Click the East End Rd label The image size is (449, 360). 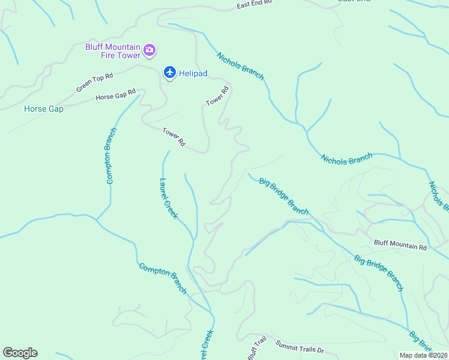(x=255, y=4)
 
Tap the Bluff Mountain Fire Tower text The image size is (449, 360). (x=112, y=52)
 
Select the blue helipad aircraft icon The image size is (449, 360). (x=170, y=73)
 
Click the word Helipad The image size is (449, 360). (x=193, y=73)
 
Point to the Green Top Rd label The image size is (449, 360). (x=94, y=83)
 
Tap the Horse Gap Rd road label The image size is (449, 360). (x=116, y=95)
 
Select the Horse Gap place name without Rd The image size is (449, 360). (x=43, y=109)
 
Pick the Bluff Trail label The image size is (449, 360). (x=256, y=347)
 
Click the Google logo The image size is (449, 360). (x=20, y=353)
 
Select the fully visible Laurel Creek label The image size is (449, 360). (x=168, y=199)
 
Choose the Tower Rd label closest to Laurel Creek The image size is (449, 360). (x=173, y=137)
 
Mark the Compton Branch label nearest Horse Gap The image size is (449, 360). (x=110, y=155)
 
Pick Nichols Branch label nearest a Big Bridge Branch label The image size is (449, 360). (x=346, y=159)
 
